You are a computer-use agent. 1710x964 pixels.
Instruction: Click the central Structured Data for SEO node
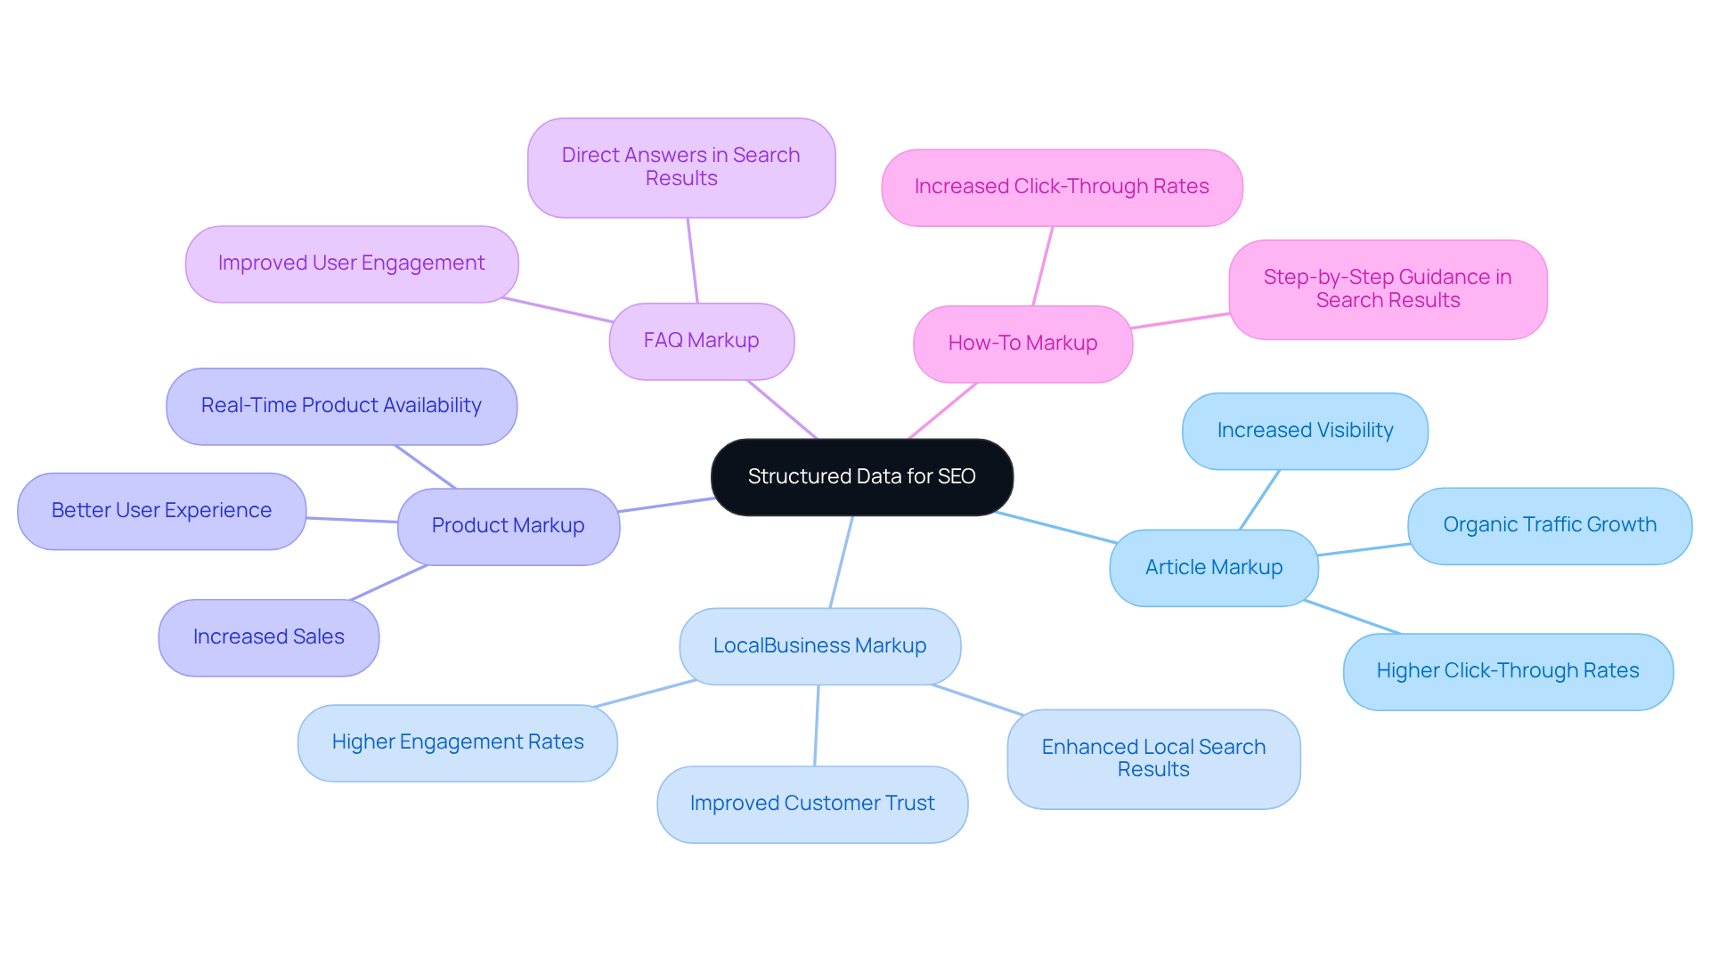click(861, 477)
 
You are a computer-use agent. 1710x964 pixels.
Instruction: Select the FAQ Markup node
click(701, 341)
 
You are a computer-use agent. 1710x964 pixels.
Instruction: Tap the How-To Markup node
click(1022, 344)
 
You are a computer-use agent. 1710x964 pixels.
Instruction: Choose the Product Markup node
click(508, 526)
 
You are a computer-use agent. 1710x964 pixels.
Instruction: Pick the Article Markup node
click(1213, 568)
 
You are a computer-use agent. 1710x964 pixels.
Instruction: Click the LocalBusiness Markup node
click(819, 646)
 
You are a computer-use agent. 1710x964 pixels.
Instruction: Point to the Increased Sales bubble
click(268, 637)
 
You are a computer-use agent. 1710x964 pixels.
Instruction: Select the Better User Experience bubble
click(161, 511)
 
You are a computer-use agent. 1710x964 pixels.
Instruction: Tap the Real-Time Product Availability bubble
click(341, 406)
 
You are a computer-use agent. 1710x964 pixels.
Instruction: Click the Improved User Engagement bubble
click(351, 263)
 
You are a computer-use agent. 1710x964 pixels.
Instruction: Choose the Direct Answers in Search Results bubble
click(680, 167)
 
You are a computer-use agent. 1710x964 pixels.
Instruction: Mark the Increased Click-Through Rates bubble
click(1061, 187)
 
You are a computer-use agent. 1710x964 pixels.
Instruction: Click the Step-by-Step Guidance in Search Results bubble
click(1387, 289)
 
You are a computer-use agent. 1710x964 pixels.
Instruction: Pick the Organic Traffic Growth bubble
click(1549, 525)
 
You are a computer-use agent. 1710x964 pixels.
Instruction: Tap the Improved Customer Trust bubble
click(811, 804)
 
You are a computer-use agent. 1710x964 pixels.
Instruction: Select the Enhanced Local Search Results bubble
click(1152, 758)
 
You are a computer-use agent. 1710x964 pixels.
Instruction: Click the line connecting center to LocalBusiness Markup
click(841, 563)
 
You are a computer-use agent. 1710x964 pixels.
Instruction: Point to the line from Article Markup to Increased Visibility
click(1259, 500)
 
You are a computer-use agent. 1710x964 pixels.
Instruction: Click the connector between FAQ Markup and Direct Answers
click(692, 261)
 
